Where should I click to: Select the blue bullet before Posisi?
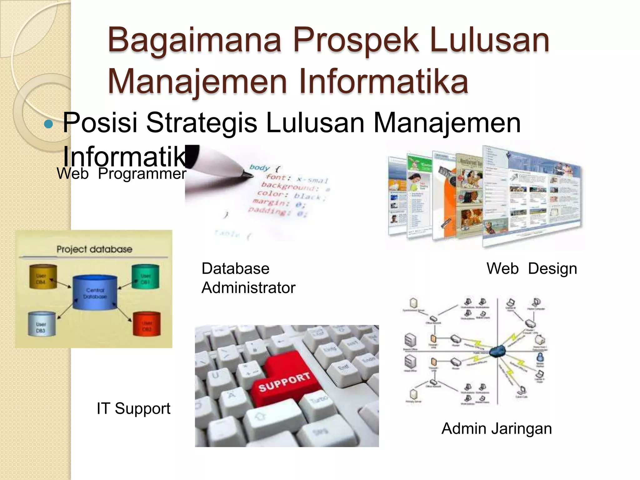coord(48,124)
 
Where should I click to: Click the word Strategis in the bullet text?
coord(202,123)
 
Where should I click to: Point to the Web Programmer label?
coord(121,174)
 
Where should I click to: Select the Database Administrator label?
coord(248,278)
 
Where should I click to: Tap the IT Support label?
coord(133,408)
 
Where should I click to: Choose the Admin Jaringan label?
coord(497,428)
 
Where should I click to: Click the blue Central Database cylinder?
coord(95,292)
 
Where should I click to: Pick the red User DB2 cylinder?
coord(147,324)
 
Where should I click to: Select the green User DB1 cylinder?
coord(146,277)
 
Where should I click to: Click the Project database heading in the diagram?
coord(94,249)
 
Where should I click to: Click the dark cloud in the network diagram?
coord(498,352)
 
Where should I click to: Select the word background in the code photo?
coord(290,186)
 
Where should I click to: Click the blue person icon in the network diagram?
coord(540,357)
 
